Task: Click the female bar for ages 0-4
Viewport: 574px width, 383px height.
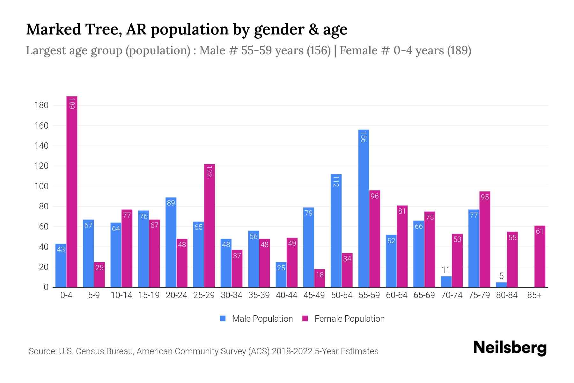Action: (x=72, y=191)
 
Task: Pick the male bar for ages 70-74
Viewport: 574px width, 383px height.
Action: (x=446, y=282)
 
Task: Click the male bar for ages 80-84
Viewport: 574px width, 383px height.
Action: (x=501, y=285)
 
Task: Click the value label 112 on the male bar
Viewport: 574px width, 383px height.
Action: (x=336, y=181)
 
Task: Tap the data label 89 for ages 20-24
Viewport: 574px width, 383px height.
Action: (x=171, y=203)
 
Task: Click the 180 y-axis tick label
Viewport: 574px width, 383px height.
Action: (x=41, y=105)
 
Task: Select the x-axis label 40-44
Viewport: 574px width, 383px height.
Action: (x=286, y=295)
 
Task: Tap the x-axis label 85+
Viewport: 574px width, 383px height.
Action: (x=534, y=295)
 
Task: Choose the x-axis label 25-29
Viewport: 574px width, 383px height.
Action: (x=204, y=295)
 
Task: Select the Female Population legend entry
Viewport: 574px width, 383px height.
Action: (x=343, y=319)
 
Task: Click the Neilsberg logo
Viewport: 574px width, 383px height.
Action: (x=510, y=348)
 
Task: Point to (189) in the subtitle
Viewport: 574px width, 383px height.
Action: (x=459, y=50)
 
